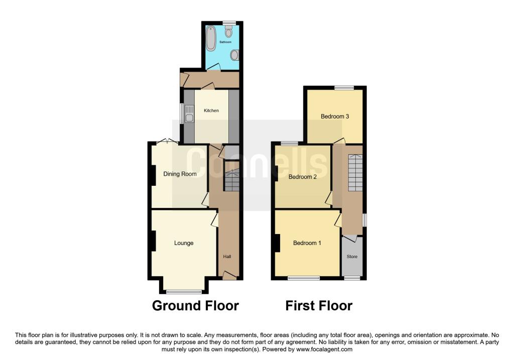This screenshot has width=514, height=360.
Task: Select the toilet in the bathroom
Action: [x=229, y=33]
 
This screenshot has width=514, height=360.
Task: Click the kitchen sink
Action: [x=189, y=113]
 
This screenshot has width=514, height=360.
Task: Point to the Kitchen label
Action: [x=211, y=110]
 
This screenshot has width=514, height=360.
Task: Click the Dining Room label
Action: [x=180, y=174]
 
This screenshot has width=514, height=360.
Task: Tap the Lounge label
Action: [x=184, y=243]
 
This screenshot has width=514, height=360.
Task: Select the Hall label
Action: [x=227, y=257]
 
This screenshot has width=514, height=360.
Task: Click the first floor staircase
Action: [x=355, y=172]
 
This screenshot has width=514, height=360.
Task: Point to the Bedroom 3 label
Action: [x=335, y=116]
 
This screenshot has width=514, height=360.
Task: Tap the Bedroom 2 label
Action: [x=302, y=176]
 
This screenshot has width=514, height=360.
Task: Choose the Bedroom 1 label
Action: [x=307, y=243]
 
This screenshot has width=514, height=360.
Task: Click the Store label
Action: [x=352, y=257]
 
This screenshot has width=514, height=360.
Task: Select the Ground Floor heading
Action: [x=195, y=305]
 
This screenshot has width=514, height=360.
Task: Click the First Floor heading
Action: [x=319, y=305]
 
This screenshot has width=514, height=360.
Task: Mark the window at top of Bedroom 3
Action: [x=344, y=87]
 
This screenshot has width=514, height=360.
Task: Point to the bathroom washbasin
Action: [x=234, y=55]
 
